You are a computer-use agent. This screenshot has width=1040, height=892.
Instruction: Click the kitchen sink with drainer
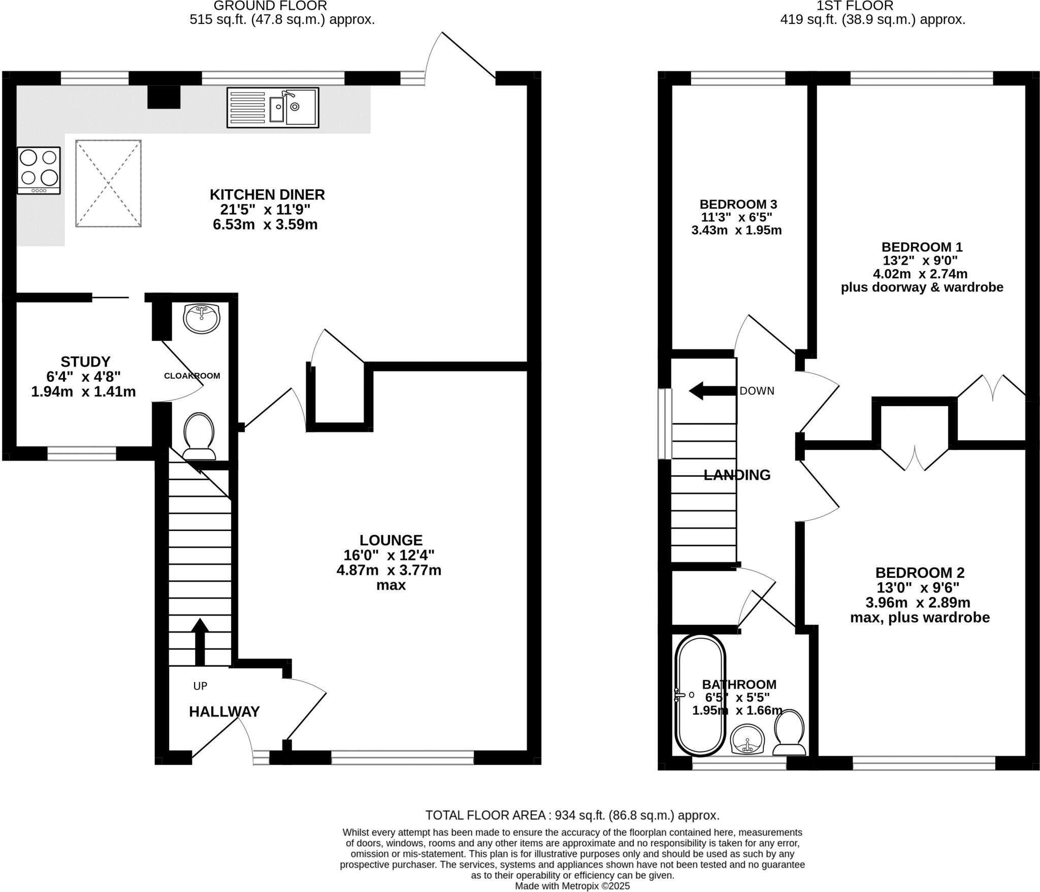coord(273,108)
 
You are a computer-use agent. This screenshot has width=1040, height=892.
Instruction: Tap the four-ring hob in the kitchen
coord(39,170)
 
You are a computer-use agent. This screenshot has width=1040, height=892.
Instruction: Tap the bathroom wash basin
coord(747,739)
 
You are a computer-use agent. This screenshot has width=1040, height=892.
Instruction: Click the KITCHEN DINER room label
coord(267,194)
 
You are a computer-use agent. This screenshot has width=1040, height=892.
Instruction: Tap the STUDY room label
coord(85,361)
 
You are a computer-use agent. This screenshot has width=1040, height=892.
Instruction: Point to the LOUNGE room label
coord(391,540)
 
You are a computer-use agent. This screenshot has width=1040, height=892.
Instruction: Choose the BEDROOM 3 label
coord(738,204)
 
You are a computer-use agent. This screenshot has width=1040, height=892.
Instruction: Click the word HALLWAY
coord(224,711)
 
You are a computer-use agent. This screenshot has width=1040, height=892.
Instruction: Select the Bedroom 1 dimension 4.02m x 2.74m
coord(920,274)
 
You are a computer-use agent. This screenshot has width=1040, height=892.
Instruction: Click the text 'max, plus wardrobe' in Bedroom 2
coord(920,618)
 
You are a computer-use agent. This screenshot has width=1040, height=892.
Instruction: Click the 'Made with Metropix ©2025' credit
coord(572,886)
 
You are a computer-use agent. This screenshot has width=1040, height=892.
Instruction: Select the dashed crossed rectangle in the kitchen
coord(109,183)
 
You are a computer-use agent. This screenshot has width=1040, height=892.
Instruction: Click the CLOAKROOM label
coord(191,376)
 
